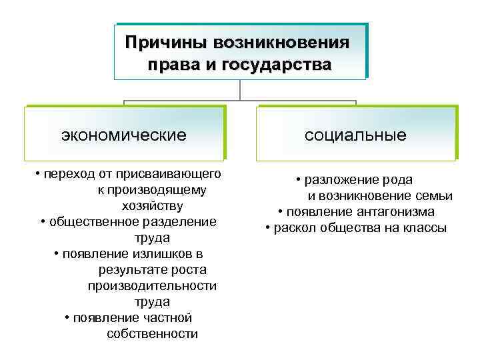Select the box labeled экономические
124,135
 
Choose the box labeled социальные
355,135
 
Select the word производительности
152,286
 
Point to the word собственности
152,333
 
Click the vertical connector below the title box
240,90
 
